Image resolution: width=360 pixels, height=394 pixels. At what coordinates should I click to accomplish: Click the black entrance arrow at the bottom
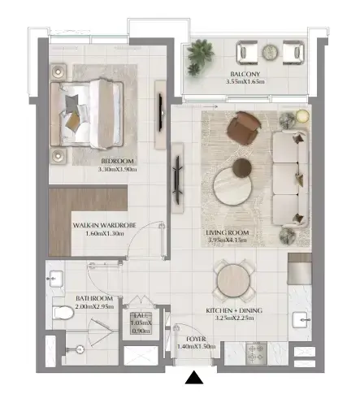point(194,378)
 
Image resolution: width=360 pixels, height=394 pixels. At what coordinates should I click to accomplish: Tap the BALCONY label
point(245,74)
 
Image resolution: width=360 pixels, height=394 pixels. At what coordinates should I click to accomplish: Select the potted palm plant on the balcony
point(200,56)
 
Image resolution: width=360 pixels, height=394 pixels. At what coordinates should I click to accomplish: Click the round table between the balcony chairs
point(270,51)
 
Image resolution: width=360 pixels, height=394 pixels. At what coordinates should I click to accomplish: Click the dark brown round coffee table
point(242,168)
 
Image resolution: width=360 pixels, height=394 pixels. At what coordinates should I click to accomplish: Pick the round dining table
point(233,279)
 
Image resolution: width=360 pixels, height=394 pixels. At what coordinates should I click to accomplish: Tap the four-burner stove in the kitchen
point(256,353)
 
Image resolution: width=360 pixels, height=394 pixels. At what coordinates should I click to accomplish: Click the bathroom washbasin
point(56,279)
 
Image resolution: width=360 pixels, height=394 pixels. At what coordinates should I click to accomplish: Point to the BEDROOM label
point(117,162)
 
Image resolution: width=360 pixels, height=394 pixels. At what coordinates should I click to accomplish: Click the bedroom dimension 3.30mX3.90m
point(117,170)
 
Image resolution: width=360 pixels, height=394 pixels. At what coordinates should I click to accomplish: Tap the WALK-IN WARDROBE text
point(104,225)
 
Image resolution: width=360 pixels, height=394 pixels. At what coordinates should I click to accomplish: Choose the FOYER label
point(196,339)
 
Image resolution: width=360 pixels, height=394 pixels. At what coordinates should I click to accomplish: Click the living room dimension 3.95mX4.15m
point(228,240)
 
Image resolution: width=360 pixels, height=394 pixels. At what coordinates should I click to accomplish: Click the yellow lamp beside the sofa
point(302,116)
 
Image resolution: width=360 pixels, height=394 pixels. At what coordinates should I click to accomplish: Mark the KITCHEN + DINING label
point(234,310)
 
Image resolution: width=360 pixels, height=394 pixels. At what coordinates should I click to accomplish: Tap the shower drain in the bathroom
point(80,349)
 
